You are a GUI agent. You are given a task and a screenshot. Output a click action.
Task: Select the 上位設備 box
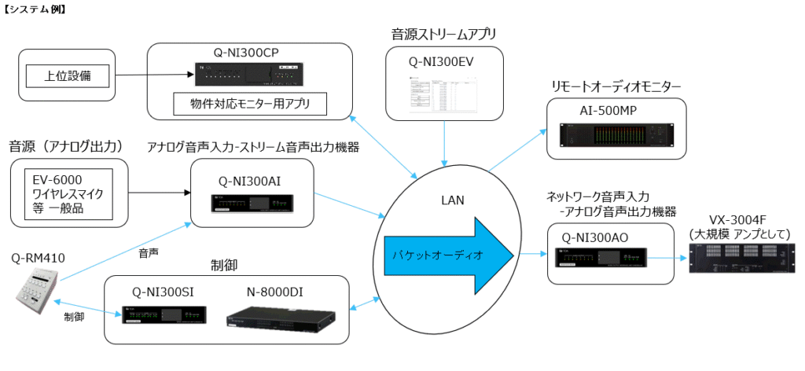point(67,75)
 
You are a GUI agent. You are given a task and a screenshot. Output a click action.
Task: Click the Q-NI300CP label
point(247,53)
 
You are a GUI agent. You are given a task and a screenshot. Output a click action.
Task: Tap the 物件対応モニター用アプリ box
point(250,103)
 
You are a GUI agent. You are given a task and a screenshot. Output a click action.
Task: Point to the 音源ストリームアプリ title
point(444,34)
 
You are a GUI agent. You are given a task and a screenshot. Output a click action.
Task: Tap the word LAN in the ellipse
point(454,201)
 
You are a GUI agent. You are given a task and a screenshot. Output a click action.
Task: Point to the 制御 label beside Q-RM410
point(75,318)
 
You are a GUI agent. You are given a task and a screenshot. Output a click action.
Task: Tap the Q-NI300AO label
point(595,236)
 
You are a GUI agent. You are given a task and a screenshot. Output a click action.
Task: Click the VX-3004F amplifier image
point(743,258)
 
